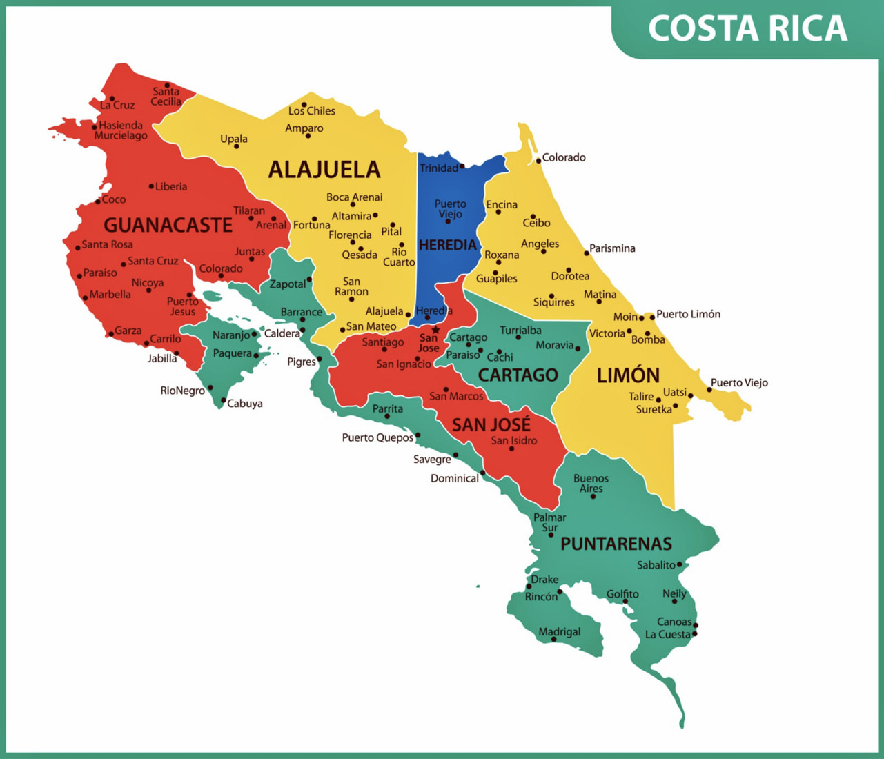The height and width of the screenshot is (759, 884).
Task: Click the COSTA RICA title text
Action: (x=747, y=29)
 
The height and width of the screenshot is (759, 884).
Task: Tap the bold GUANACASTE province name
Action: (x=168, y=225)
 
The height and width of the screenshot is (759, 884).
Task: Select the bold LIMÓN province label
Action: (x=628, y=375)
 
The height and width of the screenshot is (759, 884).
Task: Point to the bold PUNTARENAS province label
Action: (x=616, y=544)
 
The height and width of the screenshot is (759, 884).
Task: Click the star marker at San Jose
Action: (x=435, y=330)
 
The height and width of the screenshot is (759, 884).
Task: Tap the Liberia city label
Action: (x=170, y=186)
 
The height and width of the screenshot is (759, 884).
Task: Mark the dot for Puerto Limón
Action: (x=651, y=317)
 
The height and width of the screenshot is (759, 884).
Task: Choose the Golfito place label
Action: (x=622, y=594)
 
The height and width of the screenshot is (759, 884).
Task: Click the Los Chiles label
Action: (x=311, y=111)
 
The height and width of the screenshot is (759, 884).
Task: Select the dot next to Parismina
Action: (x=587, y=253)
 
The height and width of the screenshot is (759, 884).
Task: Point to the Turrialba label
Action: (x=520, y=331)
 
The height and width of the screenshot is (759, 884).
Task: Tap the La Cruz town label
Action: (x=117, y=106)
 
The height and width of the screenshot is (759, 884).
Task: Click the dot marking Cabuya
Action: (x=223, y=400)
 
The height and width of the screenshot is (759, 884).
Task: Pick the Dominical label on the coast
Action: (x=454, y=478)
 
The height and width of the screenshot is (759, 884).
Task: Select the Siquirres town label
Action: (x=553, y=302)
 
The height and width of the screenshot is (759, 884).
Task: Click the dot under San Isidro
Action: (x=511, y=449)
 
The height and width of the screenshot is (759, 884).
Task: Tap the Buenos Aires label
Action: (x=591, y=483)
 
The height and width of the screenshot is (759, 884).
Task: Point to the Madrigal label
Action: (x=559, y=632)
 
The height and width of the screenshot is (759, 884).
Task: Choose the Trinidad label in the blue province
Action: (x=439, y=168)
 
